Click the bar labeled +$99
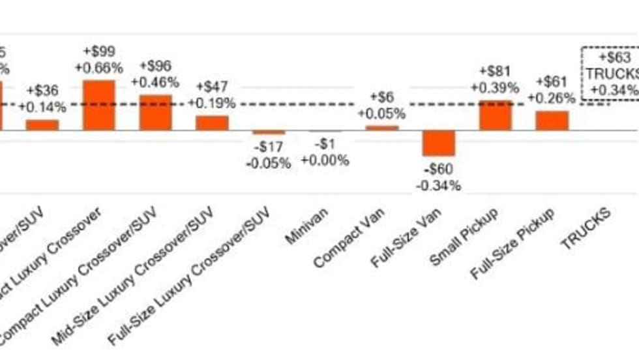(x=98, y=105)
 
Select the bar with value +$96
(x=155, y=112)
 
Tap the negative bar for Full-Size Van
(x=438, y=143)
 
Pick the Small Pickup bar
(x=496, y=115)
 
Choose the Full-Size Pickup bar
(x=552, y=120)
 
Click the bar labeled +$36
(x=42, y=125)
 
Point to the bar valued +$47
(x=213, y=123)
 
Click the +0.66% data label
(x=98, y=68)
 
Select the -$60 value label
(x=438, y=171)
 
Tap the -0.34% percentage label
(x=438, y=186)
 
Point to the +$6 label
(x=382, y=97)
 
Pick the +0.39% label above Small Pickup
(x=496, y=87)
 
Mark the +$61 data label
(x=552, y=82)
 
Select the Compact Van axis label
(x=349, y=238)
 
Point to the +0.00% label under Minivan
(x=325, y=161)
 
